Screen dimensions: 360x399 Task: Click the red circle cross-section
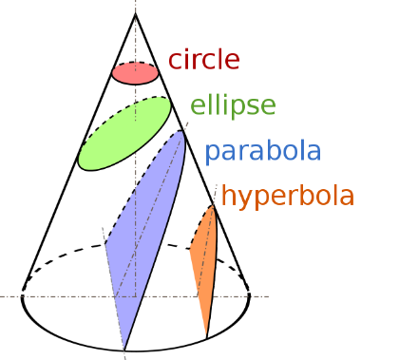135,73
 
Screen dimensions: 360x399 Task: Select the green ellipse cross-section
124,133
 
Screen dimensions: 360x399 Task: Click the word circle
203,60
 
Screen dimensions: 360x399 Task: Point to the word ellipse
233,104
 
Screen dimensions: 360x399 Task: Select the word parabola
262,150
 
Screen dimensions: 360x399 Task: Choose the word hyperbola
287,197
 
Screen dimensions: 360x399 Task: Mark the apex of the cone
135,14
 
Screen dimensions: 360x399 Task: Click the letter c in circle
176,62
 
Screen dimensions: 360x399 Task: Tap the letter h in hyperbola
228,197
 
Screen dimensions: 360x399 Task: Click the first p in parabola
212,153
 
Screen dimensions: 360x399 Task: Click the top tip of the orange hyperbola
211,205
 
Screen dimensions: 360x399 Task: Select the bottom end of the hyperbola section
206,336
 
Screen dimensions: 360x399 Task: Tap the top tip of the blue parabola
182,130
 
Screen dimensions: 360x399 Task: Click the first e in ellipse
197,106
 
